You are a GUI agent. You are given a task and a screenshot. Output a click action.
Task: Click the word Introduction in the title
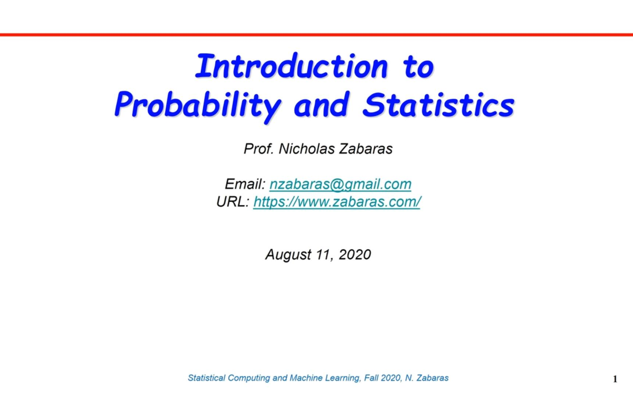point(291,66)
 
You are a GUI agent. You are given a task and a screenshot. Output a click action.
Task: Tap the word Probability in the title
point(197,105)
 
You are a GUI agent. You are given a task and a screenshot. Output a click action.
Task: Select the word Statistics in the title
point(438,105)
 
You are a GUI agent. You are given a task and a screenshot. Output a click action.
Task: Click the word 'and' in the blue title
point(322,105)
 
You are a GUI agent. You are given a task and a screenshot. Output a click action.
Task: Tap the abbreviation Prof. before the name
point(259,149)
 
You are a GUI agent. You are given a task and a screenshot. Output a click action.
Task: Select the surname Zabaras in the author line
point(366,149)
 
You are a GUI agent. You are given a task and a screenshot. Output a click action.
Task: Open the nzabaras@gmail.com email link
point(340,184)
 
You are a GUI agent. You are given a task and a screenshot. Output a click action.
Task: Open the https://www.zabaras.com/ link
point(337,202)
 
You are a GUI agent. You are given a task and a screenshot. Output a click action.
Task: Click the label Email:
point(245,184)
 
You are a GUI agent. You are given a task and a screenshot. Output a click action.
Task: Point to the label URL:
point(233,202)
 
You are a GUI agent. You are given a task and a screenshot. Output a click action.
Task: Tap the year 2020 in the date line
point(355,254)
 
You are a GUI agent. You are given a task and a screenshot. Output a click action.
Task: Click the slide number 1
point(615,379)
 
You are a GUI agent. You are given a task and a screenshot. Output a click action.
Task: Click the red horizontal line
point(316,35)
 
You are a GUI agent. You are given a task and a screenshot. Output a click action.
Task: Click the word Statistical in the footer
point(206,378)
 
